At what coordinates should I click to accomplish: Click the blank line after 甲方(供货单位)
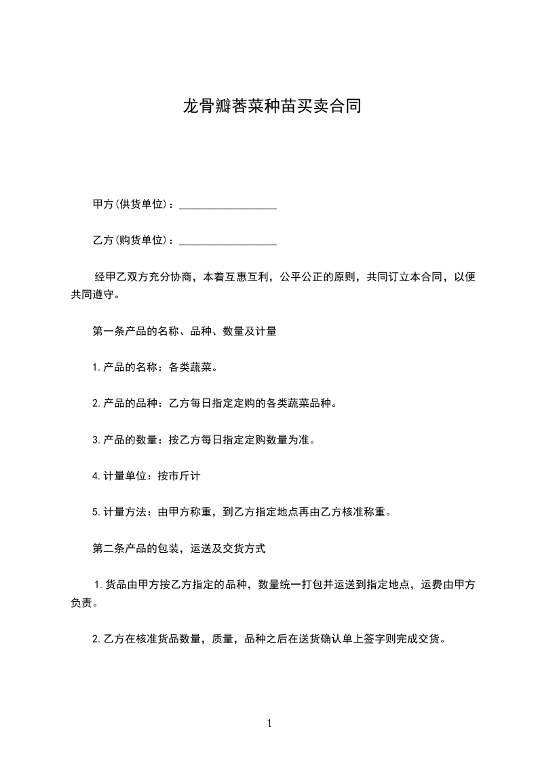coord(227,204)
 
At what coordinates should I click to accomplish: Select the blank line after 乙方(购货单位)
coord(227,240)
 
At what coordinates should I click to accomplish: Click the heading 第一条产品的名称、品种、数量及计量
coord(184,332)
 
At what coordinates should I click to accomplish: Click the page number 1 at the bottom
coord(269,723)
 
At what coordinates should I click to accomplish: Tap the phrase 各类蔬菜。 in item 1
coord(193,368)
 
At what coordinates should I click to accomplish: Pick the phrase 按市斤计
coord(178,476)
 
